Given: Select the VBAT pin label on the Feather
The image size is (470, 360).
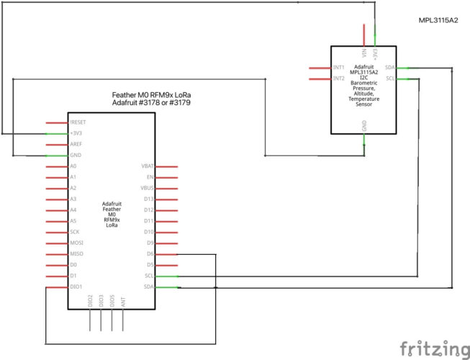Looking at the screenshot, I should click(148, 166).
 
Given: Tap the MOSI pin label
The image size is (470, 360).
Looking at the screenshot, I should click(77, 243).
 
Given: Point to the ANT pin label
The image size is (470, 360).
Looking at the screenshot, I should click(123, 301).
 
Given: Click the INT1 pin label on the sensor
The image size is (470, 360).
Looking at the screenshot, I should click(339, 68).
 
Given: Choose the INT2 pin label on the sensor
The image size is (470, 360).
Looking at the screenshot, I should click(339, 78).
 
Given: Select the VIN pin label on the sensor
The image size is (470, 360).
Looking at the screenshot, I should click(364, 53).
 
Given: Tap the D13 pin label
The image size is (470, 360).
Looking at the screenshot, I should click(149, 199).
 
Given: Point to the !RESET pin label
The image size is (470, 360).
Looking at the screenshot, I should click(78, 122).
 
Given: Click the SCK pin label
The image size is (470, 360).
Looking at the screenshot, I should click(75, 232).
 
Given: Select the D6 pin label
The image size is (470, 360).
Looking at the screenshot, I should click(150, 254).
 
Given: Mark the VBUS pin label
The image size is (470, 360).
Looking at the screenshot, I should click(148, 188).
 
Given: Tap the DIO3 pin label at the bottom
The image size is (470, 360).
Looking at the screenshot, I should click(101, 301).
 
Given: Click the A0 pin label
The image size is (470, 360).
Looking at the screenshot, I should click(73, 166).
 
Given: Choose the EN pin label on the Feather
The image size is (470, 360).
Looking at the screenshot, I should click(150, 177).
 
